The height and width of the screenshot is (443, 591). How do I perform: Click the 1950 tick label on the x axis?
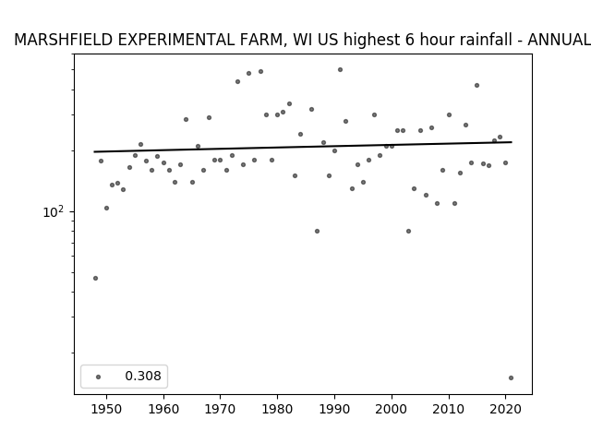point(107,409)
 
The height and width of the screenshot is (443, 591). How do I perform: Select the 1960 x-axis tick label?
point(163,409)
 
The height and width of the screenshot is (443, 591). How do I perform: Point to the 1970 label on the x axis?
point(220,409)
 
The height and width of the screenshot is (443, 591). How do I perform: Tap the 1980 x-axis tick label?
point(277,409)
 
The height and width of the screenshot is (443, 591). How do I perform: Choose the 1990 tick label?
point(334,409)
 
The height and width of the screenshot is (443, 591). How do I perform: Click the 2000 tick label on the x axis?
point(392,409)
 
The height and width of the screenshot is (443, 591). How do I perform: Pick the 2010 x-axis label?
point(449,409)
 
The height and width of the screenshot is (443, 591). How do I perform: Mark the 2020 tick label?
point(505,409)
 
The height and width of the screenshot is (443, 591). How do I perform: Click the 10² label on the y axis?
point(54,211)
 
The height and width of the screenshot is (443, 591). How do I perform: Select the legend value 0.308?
point(143,376)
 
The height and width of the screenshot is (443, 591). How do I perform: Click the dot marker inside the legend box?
point(99,377)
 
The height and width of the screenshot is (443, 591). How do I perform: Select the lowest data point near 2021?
point(511,377)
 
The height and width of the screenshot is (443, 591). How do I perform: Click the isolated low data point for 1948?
point(95,278)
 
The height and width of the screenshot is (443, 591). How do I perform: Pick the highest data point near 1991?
point(340,70)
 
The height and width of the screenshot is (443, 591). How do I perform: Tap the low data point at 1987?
point(317,231)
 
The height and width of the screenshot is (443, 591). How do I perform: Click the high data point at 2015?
point(476,86)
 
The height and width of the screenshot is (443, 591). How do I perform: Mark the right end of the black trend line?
point(512,142)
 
